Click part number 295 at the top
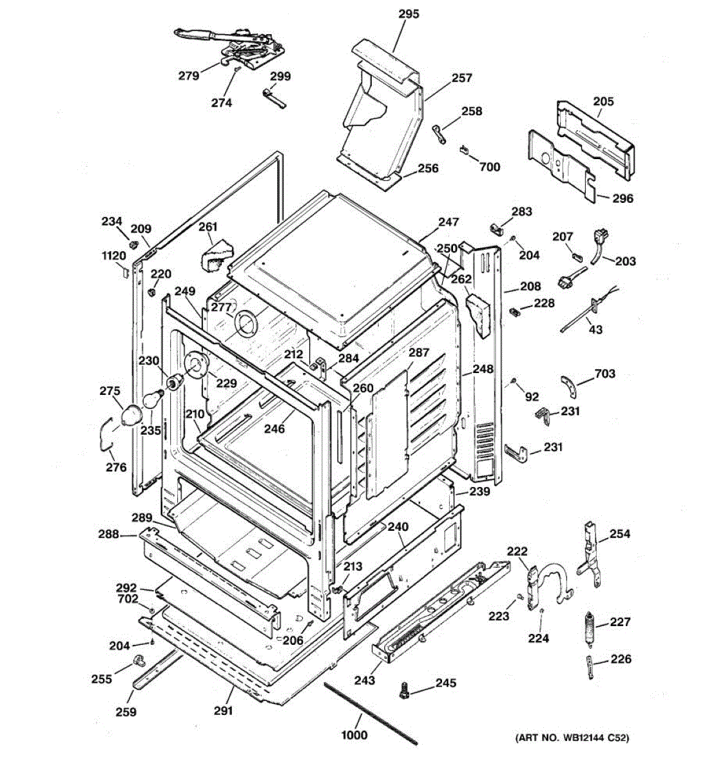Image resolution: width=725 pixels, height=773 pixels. pos(409,14)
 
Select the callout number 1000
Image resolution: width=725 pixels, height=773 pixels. pos(354,735)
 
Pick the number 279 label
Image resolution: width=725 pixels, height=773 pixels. pos(189,75)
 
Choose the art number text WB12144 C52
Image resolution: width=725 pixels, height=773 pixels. pos(588,738)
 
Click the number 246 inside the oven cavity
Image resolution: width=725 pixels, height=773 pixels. pos(275,428)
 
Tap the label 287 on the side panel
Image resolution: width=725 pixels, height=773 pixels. pos(419,352)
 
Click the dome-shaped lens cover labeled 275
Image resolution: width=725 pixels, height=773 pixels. pos(131,415)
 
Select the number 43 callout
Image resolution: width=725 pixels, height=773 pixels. pos(595,329)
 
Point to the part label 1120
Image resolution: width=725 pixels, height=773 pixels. pos(114,255)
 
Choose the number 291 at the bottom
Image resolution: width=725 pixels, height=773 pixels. pos(223,711)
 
